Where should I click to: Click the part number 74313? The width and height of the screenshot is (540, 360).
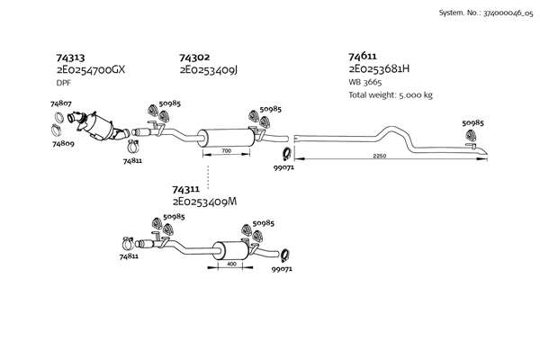click(x=70, y=58)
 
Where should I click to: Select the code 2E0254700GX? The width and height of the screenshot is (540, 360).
click(x=91, y=70)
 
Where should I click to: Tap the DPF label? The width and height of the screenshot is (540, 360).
click(x=63, y=83)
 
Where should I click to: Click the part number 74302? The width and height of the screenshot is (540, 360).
click(x=194, y=58)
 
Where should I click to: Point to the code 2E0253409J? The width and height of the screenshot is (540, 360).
click(x=209, y=70)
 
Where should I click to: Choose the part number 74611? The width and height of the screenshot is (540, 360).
click(x=363, y=56)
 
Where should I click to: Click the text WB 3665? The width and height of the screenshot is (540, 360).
click(x=365, y=82)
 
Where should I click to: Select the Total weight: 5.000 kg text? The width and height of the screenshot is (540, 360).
click(x=391, y=94)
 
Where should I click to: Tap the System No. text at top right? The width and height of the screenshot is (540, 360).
click(x=486, y=13)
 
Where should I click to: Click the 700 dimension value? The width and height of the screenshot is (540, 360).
click(x=226, y=150)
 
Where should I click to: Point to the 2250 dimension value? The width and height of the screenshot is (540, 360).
click(x=380, y=156)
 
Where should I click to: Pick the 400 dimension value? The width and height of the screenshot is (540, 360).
click(x=232, y=264)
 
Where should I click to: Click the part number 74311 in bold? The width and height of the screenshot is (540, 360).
click(x=185, y=189)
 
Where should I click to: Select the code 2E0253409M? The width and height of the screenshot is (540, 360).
click(x=204, y=202)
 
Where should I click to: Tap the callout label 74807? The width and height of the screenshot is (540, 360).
click(x=61, y=103)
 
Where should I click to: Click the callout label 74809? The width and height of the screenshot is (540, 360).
click(x=63, y=144)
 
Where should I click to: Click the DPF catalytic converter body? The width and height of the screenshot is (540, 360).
click(x=100, y=126)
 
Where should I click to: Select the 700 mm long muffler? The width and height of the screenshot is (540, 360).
click(x=226, y=138)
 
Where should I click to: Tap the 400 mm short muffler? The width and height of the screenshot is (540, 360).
click(x=232, y=251)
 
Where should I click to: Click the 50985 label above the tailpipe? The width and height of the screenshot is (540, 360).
click(x=472, y=123)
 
